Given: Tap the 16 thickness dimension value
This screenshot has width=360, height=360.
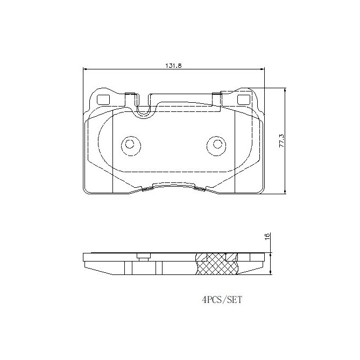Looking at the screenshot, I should point(267,237).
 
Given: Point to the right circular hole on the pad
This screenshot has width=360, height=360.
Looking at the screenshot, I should point(216,144).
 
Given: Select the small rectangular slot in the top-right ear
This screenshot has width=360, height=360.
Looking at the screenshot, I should point(243,99).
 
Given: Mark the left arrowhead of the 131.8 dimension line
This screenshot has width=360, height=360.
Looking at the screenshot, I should point(85,69).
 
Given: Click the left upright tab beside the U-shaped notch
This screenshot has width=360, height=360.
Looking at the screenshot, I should point(129,97).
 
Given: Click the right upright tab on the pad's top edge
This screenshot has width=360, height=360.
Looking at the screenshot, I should point(217,97).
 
